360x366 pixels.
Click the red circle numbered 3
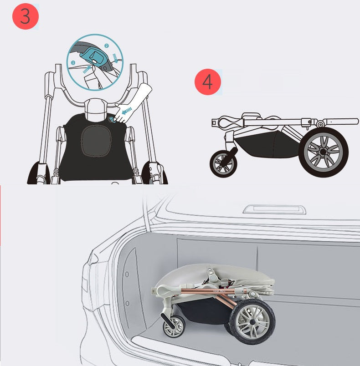(x=25, y=16)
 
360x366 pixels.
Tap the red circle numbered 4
(x=207, y=82)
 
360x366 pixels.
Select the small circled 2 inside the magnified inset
(x=107, y=46)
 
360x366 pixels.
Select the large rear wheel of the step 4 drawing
(x=323, y=152)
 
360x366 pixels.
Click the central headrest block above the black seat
(x=96, y=108)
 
